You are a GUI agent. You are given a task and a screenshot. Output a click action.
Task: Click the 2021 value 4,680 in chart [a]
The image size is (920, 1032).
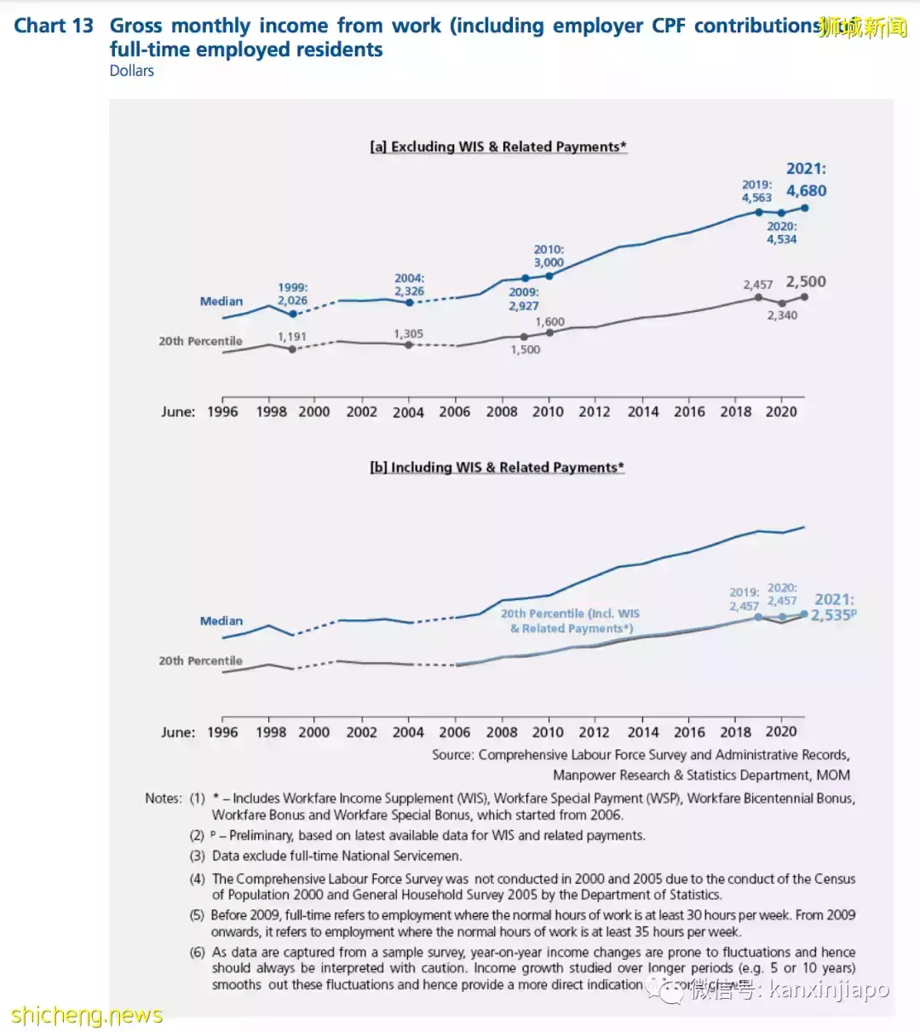pyautogui.click(x=806, y=191)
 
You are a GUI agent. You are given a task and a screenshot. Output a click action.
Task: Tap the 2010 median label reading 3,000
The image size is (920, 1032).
pyautogui.click(x=549, y=263)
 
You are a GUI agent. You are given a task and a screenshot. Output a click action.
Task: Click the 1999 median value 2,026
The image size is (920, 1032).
pyautogui.click(x=292, y=301)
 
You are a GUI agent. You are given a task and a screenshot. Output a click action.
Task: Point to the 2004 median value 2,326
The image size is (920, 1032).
pyautogui.click(x=409, y=291)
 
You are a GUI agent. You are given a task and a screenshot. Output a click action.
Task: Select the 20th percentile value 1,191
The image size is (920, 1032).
pyautogui.click(x=291, y=337)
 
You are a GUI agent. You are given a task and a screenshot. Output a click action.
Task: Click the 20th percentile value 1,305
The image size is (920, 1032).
pyautogui.click(x=408, y=334)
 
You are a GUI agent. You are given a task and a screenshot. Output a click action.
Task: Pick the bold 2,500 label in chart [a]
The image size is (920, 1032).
pyautogui.click(x=805, y=282)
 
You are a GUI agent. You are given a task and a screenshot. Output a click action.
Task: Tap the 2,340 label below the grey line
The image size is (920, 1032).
pyautogui.click(x=782, y=315)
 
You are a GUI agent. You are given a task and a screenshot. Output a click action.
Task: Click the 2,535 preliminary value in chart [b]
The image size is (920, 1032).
pyautogui.click(x=831, y=615)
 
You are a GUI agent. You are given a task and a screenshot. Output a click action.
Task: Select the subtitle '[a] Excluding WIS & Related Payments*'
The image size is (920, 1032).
pyautogui.click(x=498, y=147)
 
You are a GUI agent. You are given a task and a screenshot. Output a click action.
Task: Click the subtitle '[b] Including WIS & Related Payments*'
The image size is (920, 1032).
pyautogui.click(x=497, y=467)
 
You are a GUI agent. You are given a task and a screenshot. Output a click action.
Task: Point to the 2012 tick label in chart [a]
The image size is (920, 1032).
pyautogui.click(x=595, y=412)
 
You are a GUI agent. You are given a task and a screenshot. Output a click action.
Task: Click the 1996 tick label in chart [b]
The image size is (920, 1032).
pyautogui.click(x=222, y=732)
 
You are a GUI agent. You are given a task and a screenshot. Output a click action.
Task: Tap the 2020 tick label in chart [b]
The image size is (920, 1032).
pyautogui.click(x=781, y=731)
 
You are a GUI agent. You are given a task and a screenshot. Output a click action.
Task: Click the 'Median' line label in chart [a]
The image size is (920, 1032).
pyautogui.click(x=221, y=302)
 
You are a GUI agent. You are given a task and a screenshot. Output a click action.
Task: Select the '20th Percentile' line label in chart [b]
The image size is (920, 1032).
pyautogui.click(x=200, y=660)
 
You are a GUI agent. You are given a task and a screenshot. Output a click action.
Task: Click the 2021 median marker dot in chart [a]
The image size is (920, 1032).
pyautogui.click(x=804, y=208)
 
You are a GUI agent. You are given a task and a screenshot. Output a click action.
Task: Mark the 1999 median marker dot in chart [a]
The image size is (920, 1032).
pyautogui.click(x=292, y=314)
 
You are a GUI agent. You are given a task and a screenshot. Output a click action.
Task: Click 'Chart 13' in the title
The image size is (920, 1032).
pyautogui.click(x=54, y=26)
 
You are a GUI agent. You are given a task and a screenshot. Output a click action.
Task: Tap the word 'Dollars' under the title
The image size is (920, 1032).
pyautogui.click(x=132, y=71)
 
